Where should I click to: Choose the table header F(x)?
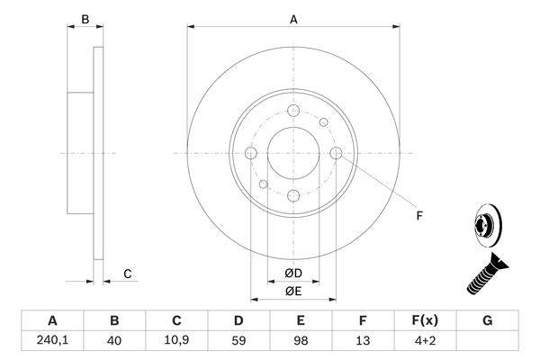425,320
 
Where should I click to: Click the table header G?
487,320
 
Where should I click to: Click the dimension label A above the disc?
293,18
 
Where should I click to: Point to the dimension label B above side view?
85,18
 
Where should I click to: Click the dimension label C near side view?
128,274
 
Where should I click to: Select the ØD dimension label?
293,273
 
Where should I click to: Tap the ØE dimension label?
293,291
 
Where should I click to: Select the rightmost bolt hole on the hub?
337,154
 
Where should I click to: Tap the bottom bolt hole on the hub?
293,197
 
